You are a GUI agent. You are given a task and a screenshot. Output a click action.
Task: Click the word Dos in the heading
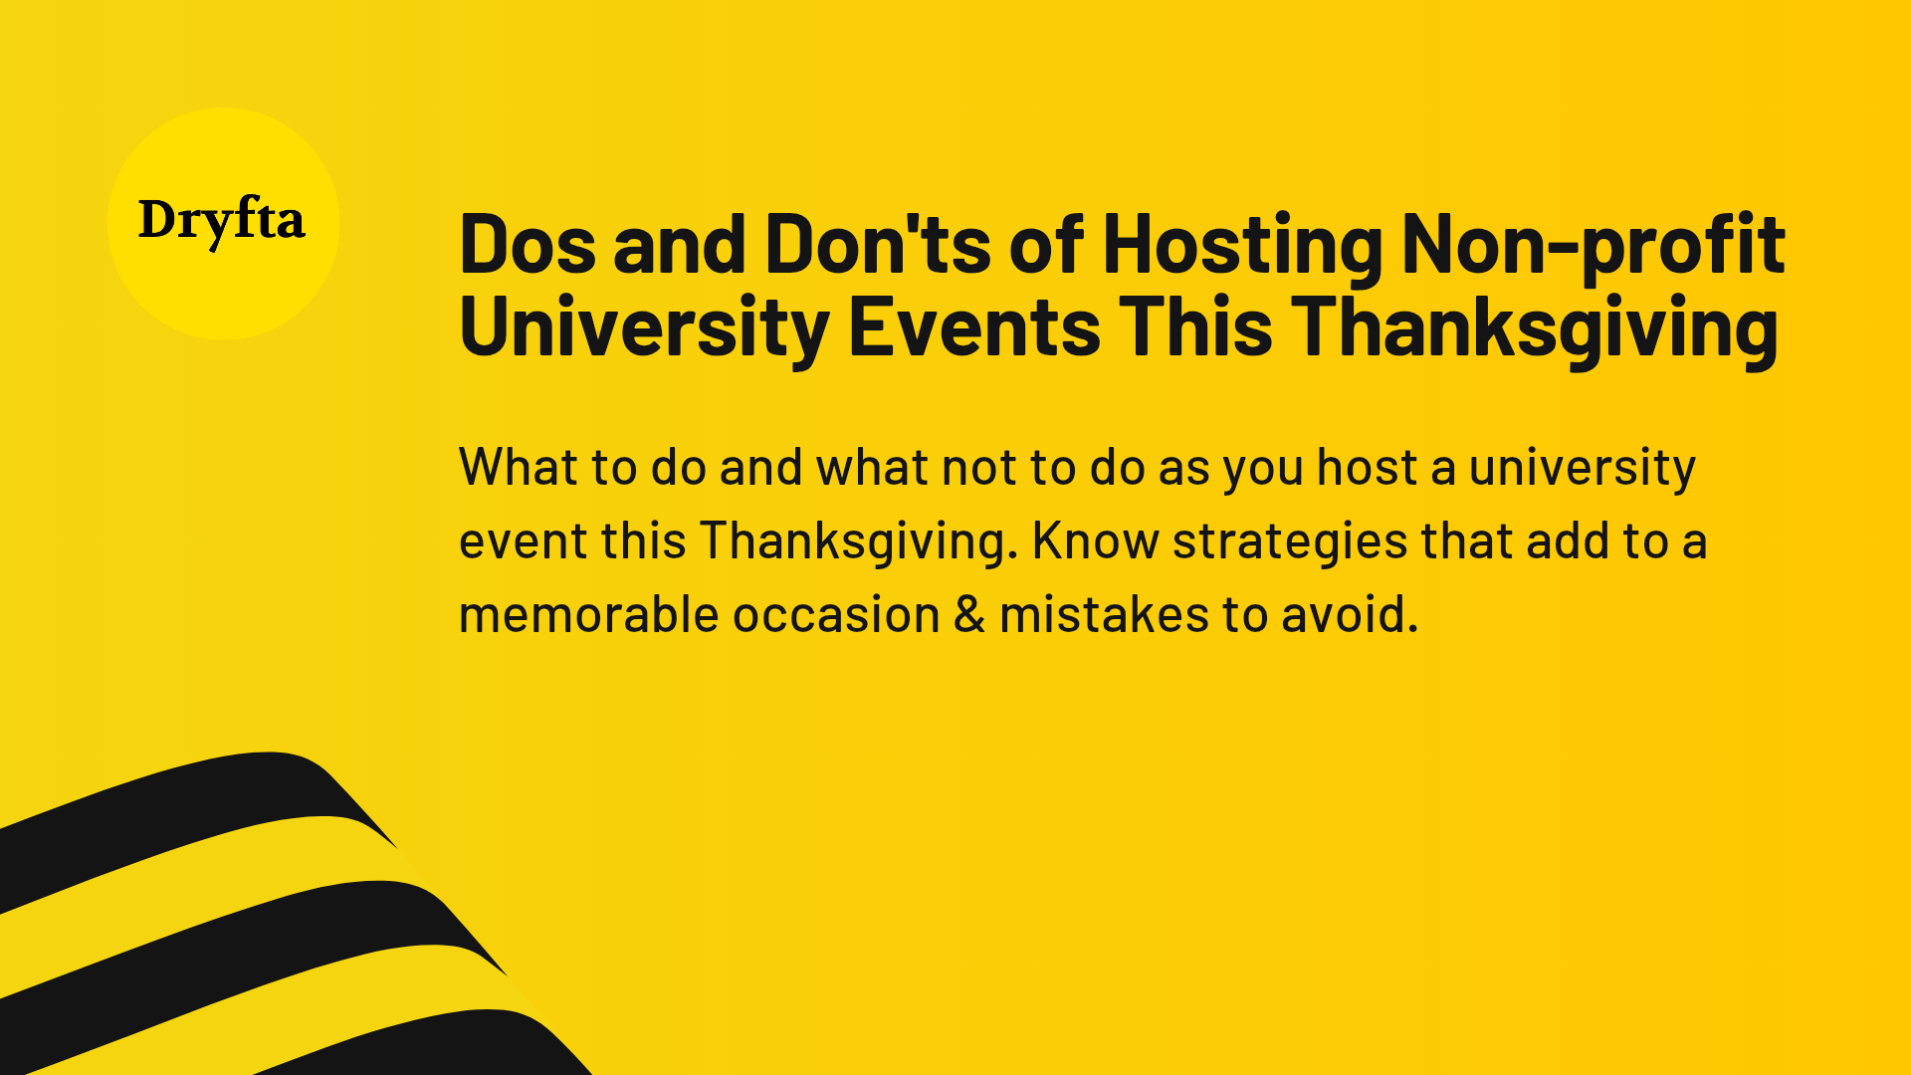click(x=529, y=245)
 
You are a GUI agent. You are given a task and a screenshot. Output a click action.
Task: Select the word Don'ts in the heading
click(x=878, y=245)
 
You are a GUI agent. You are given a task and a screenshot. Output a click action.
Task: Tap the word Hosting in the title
click(x=1242, y=245)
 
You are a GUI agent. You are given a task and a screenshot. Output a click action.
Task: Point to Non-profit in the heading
click(x=1592, y=245)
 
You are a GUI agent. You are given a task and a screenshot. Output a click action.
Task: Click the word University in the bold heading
click(x=644, y=327)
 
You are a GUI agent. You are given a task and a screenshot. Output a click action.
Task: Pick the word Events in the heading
click(x=974, y=327)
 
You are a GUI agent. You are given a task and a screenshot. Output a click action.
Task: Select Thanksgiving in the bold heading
click(x=1534, y=327)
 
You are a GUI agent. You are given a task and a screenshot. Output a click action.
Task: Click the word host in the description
click(x=1367, y=467)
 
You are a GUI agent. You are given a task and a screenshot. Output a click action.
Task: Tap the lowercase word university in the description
click(x=1582, y=467)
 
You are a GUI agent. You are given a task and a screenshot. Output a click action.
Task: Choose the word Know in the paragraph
click(x=1095, y=540)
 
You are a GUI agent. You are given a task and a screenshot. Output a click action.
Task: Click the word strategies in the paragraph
click(x=1290, y=540)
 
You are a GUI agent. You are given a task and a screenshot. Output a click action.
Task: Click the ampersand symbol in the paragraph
click(x=969, y=614)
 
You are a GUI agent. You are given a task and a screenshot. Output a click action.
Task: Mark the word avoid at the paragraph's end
click(x=1348, y=614)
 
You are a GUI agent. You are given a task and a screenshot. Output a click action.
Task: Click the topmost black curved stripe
click(x=179, y=806)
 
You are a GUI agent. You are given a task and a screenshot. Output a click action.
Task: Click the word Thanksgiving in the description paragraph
click(x=858, y=540)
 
